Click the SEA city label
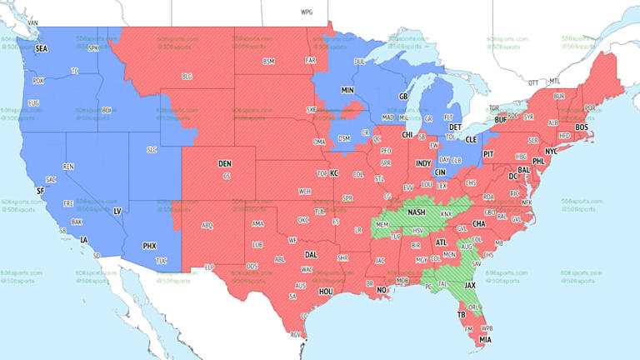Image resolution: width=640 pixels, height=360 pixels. pos(41,49)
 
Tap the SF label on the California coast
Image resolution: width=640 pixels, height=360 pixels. pos(39,191)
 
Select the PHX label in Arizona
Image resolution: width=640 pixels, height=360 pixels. pos(149,246)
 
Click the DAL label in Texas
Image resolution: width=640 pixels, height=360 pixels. pos(311,255)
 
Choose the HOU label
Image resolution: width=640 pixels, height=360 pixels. pos(326,292)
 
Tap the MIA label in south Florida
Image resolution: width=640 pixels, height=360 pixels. pos(485,340)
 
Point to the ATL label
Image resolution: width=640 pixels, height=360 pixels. pos(441,242)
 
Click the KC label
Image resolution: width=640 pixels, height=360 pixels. pos(334,173)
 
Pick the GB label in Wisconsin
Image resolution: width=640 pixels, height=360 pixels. pos(403,97)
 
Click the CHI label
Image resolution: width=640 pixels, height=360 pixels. pos(407,134)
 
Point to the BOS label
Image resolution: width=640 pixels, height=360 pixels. pos(582,127)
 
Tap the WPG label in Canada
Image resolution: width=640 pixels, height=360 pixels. pos(307,12)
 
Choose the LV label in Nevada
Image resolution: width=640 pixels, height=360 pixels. pos(117,212)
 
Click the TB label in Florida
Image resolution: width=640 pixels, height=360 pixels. pos(460,315)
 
